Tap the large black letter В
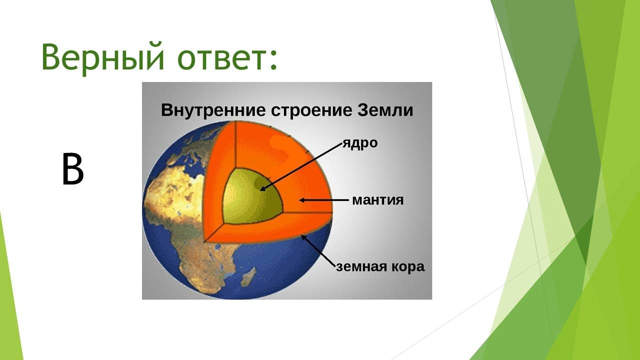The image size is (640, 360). (x=73, y=169)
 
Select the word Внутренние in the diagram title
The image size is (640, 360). (x=213, y=110)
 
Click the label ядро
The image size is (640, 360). (x=360, y=143)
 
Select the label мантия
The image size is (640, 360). (x=378, y=200)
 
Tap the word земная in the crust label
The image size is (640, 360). (x=361, y=267)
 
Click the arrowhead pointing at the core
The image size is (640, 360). (x=263, y=188)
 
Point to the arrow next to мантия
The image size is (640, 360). (x=323, y=200)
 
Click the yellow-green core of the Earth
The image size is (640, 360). (x=251, y=196)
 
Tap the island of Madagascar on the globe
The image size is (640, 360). (x=248, y=276)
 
